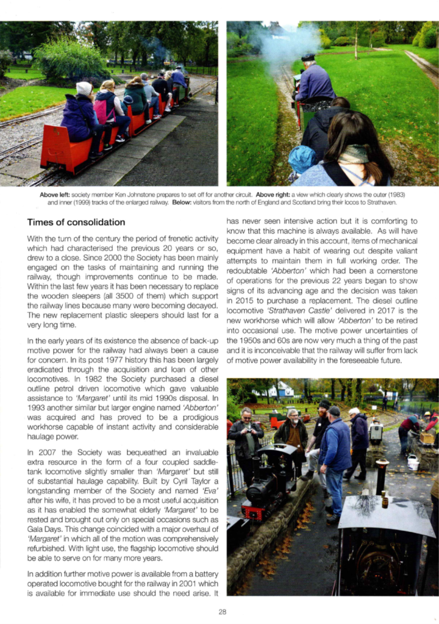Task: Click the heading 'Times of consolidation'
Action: [x=76, y=222]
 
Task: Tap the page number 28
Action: [x=222, y=612]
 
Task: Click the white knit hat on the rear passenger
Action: [x=84, y=88]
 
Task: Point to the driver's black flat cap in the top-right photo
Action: [x=309, y=58]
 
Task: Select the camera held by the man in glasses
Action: [x=249, y=425]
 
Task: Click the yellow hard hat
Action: [x=427, y=414]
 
